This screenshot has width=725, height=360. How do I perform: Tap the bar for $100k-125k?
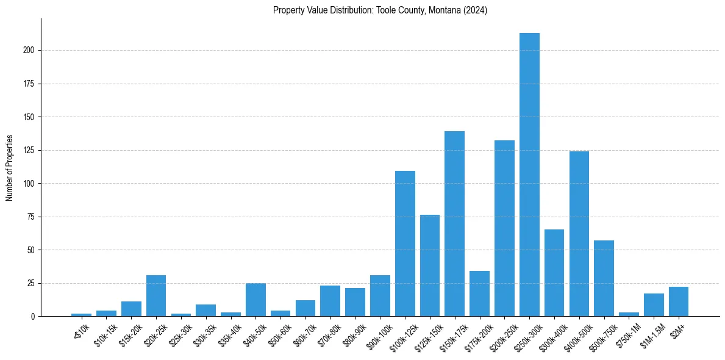click(405, 243)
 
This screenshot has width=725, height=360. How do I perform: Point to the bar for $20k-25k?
click(156, 296)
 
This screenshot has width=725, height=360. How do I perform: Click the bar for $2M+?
click(679, 301)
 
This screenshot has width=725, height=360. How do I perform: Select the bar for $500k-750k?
click(604, 278)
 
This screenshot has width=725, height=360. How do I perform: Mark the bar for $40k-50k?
click(255, 300)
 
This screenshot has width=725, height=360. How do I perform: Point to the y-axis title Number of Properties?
click(10, 168)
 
